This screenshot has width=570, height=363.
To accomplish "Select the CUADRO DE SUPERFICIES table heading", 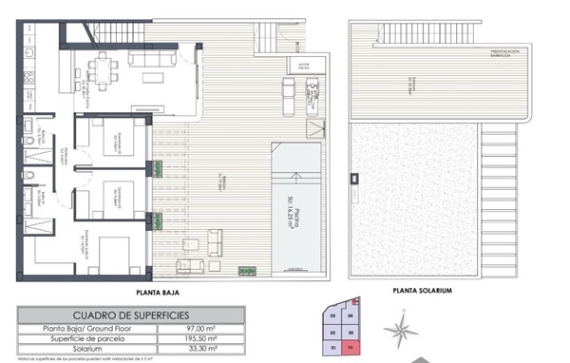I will click(x=130, y=315).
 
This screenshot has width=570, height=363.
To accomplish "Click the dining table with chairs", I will click(x=99, y=69).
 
